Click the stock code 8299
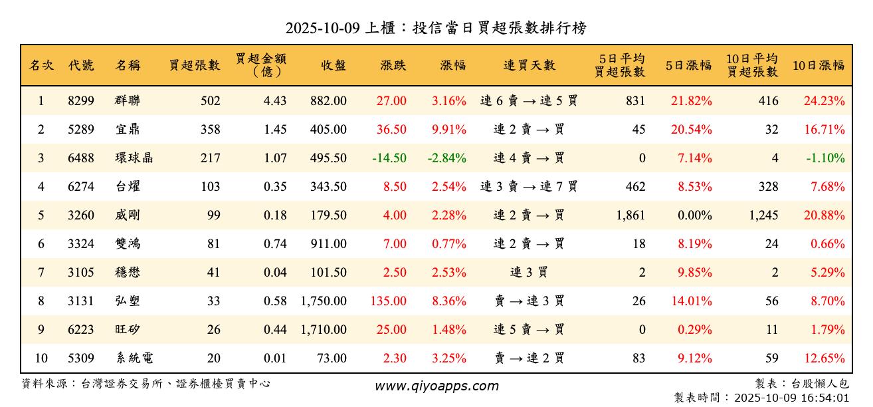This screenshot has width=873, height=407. (x=81, y=101)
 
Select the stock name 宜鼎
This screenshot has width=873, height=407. (x=128, y=130)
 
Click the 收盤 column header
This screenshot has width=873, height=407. (x=333, y=65)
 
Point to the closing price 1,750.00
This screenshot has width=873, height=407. (x=324, y=301)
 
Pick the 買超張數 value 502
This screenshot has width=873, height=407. (x=210, y=101)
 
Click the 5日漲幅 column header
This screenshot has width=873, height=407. (x=688, y=65)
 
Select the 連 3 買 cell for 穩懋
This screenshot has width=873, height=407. (x=529, y=273)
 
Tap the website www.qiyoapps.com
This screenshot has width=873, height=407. (x=436, y=386)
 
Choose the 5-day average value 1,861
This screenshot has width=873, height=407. (x=630, y=215)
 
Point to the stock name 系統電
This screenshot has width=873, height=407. (x=134, y=358)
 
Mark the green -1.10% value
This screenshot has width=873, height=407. (x=826, y=158)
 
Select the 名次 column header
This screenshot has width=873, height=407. (x=41, y=65)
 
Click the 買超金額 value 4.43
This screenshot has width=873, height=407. (x=275, y=101)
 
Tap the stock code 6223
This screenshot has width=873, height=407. (x=81, y=330)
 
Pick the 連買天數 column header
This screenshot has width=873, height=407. (x=529, y=65)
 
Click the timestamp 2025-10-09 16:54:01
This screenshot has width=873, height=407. (x=791, y=398)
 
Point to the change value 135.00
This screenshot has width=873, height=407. (x=389, y=301)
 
